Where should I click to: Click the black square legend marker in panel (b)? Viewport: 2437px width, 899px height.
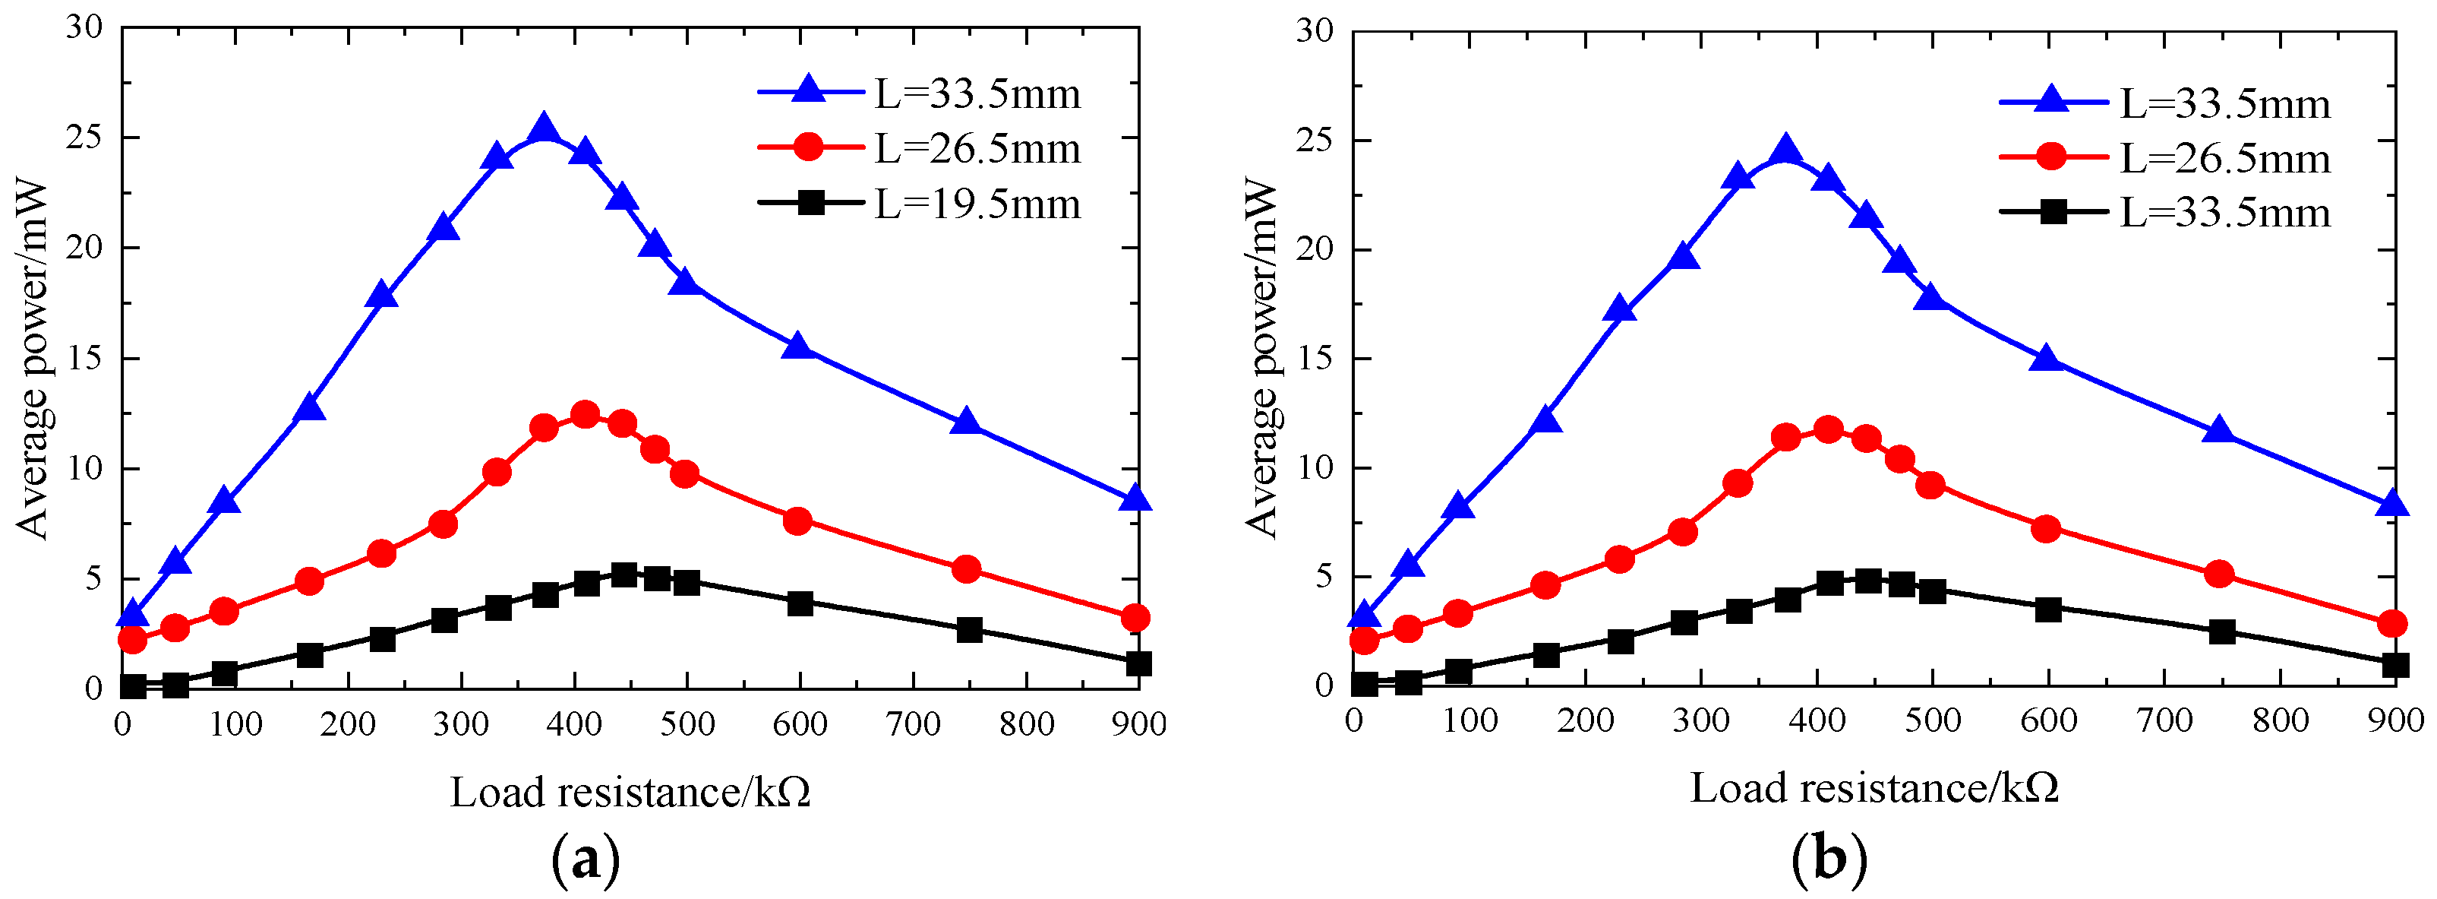[x=2052, y=212]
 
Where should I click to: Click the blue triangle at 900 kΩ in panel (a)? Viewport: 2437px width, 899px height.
[x=1135, y=499]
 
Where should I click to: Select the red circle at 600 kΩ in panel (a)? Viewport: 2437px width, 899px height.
[x=797, y=521]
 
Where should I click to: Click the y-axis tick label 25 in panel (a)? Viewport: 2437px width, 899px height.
[x=84, y=138]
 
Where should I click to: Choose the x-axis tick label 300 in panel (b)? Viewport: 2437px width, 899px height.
[x=1700, y=721]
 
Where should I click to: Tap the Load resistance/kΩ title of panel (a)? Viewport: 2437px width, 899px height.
[x=630, y=792]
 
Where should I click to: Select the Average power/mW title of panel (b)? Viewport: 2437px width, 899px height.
[x=1261, y=359]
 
